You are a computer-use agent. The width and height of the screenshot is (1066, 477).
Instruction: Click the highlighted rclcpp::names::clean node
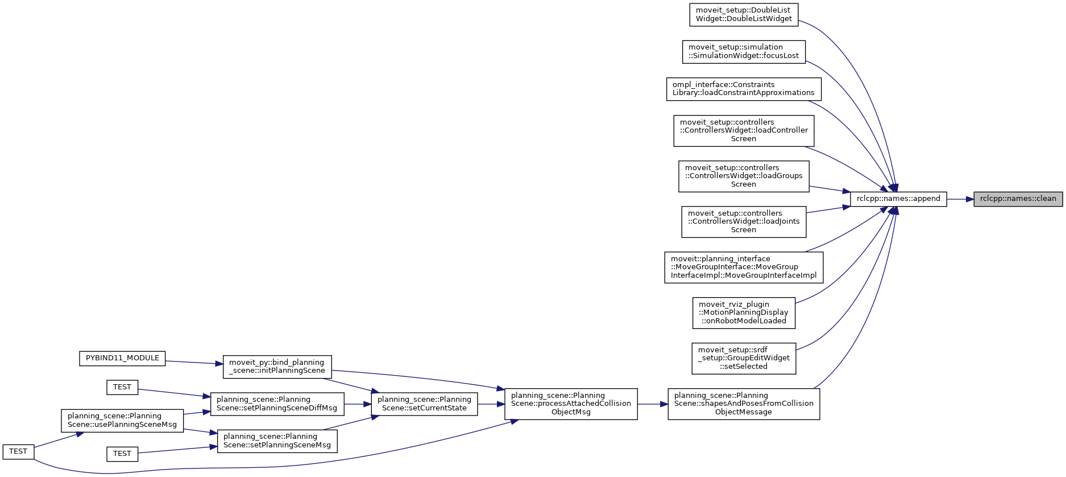point(1018,199)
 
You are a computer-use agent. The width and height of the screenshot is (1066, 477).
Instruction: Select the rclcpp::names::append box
point(898,199)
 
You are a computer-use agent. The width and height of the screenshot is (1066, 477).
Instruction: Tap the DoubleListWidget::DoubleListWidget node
point(744,15)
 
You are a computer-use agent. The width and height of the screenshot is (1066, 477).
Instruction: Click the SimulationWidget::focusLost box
point(744,52)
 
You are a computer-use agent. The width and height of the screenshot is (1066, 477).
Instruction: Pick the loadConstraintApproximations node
point(744,89)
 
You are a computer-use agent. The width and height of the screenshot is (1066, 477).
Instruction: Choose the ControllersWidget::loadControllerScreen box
point(744,130)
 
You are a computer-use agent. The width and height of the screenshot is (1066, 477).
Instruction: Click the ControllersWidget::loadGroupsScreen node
point(744,176)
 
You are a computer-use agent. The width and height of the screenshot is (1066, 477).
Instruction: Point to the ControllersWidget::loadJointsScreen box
point(744,221)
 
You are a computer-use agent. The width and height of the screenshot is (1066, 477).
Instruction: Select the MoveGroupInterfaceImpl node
point(744,267)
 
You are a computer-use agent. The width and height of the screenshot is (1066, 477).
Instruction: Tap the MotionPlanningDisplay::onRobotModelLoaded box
point(744,312)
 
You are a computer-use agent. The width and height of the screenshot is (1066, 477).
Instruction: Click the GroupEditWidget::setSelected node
point(744,358)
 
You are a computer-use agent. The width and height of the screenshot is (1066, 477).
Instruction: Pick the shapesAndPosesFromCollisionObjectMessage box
point(744,404)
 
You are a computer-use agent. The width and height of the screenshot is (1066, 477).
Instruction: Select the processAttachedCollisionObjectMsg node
point(571,404)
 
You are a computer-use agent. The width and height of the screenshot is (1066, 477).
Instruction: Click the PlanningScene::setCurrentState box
point(424,404)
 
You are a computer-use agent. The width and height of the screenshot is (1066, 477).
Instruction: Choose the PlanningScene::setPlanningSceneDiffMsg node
point(277,404)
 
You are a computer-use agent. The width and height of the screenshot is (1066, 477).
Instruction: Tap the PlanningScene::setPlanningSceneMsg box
point(277,441)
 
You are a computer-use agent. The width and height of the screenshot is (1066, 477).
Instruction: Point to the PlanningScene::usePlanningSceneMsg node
point(122,420)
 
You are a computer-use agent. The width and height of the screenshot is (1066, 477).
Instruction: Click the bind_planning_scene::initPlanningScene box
point(277,366)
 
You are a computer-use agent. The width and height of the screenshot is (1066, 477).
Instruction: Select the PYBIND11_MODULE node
point(122,358)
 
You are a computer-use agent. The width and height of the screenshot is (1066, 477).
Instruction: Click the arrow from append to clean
point(960,199)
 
